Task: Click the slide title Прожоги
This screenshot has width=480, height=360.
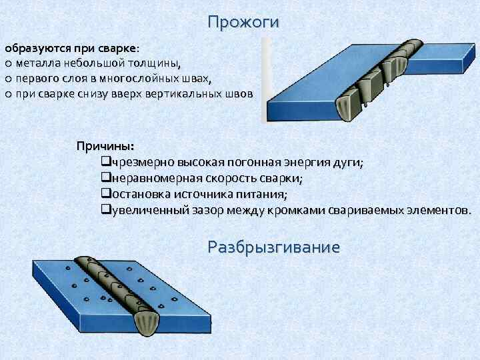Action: (x=243, y=22)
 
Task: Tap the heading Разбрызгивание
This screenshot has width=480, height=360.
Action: (x=273, y=247)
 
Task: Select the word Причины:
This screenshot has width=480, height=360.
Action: (x=105, y=146)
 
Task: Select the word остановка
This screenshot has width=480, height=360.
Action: (x=135, y=195)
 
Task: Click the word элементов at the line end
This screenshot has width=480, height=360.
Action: (x=438, y=211)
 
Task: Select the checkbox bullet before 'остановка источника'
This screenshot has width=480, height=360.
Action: (x=105, y=195)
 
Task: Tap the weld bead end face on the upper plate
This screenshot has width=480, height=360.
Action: (x=349, y=109)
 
